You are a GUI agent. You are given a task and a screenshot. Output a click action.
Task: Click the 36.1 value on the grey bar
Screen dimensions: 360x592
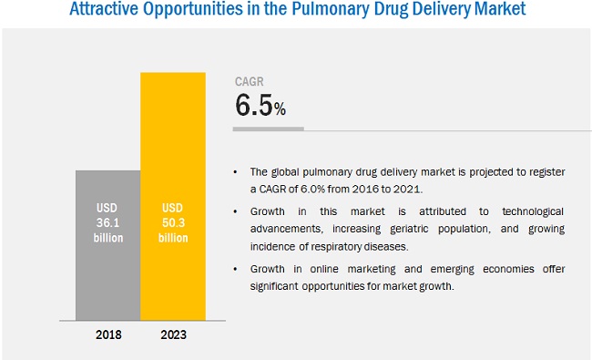pos(107,222)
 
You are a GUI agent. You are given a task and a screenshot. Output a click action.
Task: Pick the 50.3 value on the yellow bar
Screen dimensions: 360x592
pos(172,222)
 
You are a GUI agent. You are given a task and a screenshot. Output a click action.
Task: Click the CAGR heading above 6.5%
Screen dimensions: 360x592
pos(250,81)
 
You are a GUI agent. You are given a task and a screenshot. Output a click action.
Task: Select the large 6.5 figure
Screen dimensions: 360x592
pos(254,106)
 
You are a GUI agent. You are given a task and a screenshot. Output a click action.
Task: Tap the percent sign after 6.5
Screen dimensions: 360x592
pos(281,110)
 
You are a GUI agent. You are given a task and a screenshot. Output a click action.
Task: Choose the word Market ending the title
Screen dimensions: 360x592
pos(495,12)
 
